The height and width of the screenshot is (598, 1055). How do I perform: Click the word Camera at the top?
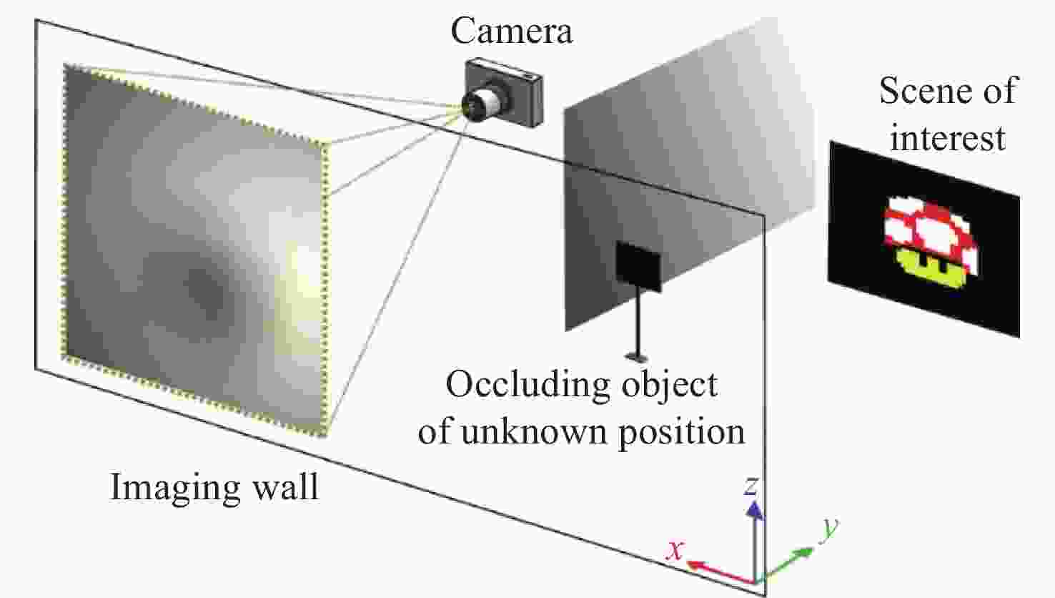[512, 31]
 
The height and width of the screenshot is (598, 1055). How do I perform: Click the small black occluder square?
[639, 266]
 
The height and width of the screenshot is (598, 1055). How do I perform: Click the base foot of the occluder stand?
[637, 357]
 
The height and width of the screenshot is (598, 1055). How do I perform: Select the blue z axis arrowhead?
[755, 510]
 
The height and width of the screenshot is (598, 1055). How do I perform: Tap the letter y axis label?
[831, 528]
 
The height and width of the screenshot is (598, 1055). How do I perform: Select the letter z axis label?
[752, 486]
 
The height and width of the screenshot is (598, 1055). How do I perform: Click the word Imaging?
[174, 489]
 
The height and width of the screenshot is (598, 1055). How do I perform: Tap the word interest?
[948, 138]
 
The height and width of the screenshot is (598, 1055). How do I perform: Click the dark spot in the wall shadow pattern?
[205, 286]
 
